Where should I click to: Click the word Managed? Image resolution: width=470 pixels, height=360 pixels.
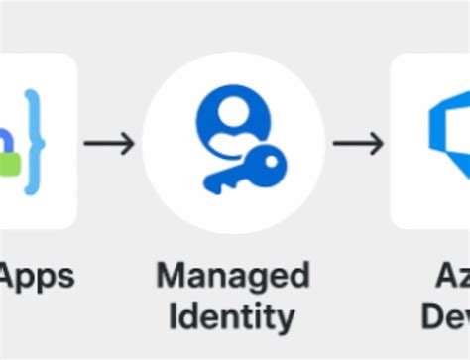pyautogui.click(x=233, y=275)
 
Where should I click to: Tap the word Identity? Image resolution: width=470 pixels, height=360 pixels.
pyautogui.click(x=231, y=317)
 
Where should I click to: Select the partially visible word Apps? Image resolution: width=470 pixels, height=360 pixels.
pyautogui.click(x=37, y=275)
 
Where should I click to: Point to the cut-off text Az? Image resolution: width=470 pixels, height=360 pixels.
pyautogui.click(x=451, y=275)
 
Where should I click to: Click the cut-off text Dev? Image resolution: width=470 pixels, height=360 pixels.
pyautogui.click(x=445, y=317)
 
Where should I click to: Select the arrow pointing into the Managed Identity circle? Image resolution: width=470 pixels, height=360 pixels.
pyautogui.click(x=109, y=144)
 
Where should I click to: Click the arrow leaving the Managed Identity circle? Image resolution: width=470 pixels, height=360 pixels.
pyautogui.click(x=357, y=144)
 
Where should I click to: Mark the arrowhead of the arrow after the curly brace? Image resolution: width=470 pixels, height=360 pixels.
pyautogui.click(x=129, y=144)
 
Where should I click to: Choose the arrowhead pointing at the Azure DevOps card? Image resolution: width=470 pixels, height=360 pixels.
pyautogui.click(x=378, y=144)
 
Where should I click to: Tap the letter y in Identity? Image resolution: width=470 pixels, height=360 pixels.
pyautogui.click(x=284, y=321)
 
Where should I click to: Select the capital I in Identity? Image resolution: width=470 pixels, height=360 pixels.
pyautogui.click(x=173, y=317)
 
